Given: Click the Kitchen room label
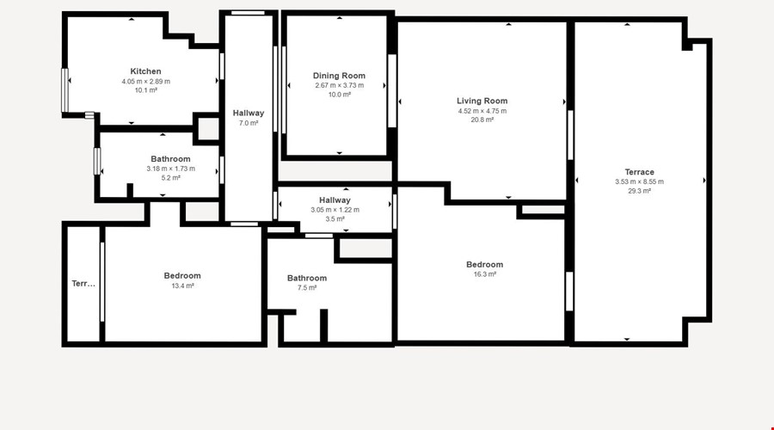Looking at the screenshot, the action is (x=145, y=71).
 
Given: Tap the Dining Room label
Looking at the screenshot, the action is (x=339, y=76).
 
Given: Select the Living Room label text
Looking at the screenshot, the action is (x=482, y=101).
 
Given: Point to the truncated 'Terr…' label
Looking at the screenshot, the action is (x=83, y=284).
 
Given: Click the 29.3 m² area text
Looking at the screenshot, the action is (x=639, y=191).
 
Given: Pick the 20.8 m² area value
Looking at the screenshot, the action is (x=482, y=120).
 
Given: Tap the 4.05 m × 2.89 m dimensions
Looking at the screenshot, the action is (x=146, y=82).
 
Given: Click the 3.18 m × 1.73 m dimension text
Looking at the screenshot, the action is (x=171, y=169).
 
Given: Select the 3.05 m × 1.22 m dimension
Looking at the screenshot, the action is (x=335, y=210).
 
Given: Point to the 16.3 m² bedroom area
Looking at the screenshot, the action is (x=485, y=274).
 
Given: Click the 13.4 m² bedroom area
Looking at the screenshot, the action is (x=182, y=286).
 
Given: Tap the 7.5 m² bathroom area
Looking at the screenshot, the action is (x=307, y=288).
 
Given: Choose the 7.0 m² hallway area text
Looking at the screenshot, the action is (x=249, y=123).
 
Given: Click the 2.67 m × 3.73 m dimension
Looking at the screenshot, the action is (x=340, y=85).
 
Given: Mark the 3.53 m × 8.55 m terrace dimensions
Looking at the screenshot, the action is (x=639, y=181).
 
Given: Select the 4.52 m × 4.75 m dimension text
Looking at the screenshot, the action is (x=482, y=111).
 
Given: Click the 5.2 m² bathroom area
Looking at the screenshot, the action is (x=171, y=178).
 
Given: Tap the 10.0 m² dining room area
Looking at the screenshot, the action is (x=340, y=95).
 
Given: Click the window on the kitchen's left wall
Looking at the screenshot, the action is (x=64, y=90).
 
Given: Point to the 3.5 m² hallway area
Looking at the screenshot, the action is (x=335, y=218).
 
